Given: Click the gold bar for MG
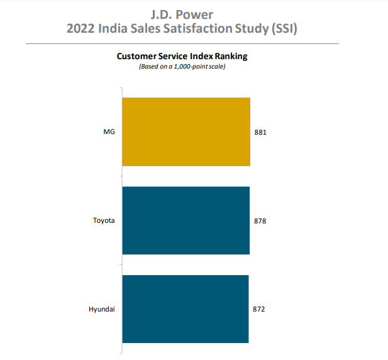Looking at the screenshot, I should click(186, 132).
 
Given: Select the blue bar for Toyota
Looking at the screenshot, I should click(186, 220).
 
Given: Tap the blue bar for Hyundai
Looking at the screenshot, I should click(185, 309).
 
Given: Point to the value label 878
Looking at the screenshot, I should click(260, 221).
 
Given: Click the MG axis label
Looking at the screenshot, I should click(109, 132).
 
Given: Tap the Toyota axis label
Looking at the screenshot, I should click(104, 221).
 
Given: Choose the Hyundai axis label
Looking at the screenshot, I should click(102, 310).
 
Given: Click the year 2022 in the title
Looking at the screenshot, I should click(82, 29).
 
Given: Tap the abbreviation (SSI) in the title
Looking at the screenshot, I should click(282, 29).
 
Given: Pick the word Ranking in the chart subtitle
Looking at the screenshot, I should click(230, 56).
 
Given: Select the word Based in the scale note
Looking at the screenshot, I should click(148, 67).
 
